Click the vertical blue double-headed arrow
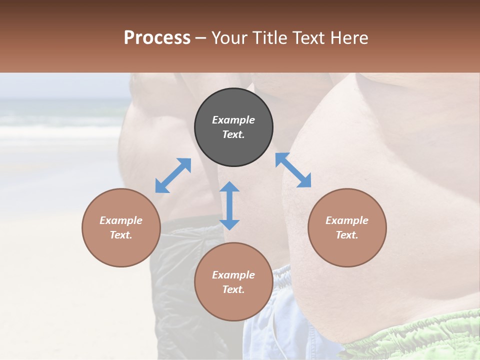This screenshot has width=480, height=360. coord(229,205)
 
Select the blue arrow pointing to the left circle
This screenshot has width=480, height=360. coord(173,175)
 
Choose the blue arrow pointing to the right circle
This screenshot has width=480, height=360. coord(293,170)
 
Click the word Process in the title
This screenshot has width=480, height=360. coord(157,37)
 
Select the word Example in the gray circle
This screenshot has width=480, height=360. coord(233,120)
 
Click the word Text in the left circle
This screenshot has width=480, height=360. coord(121,235)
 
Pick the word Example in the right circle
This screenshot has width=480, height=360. coord(347,220)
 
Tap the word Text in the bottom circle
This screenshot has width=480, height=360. coord(233,289)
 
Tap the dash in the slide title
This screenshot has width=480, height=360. coord(201,38)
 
